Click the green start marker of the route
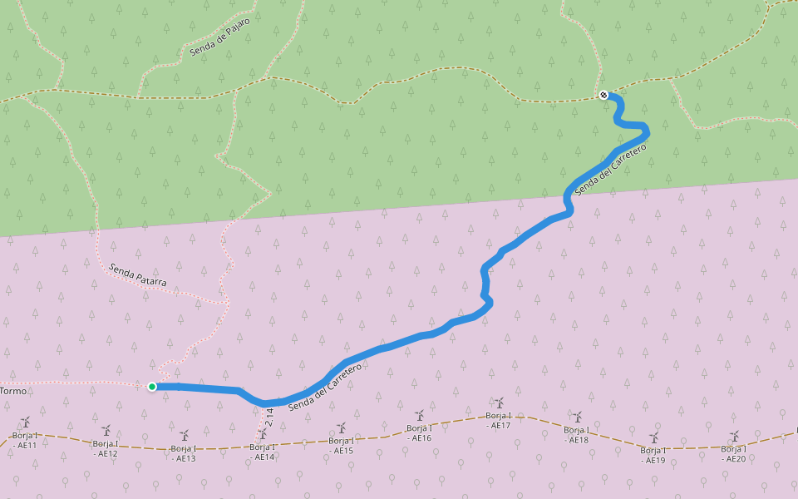[152, 387]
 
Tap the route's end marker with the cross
[603, 95]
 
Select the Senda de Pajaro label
[219, 37]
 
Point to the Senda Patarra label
[137, 276]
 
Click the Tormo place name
[13, 391]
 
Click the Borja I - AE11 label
[25, 440]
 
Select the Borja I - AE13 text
[184, 453]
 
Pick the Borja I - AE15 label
[341, 446]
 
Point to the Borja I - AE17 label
[499, 420]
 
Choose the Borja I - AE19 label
[654, 455]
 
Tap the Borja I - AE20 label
[734, 453]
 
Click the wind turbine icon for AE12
[106, 431]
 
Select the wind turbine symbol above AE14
[264, 434]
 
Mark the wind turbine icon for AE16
[420, 415]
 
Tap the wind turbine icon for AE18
[577, 417]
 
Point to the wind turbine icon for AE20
[735, 435]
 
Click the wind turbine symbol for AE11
[26, 422]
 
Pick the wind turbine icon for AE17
[500, 403]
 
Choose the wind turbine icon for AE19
[654, 437]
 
